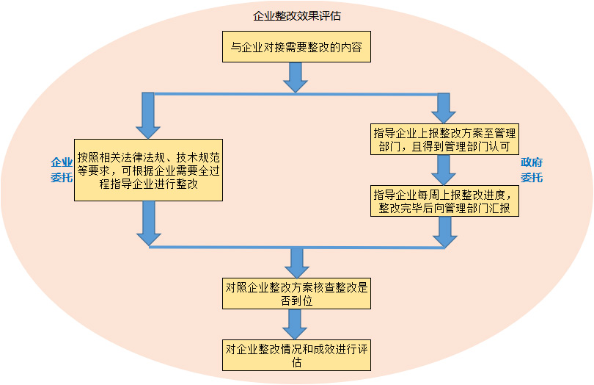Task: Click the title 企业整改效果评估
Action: [296, 15]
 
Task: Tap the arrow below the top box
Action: [296, 76]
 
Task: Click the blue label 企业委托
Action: [61, 169]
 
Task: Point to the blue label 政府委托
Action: [532, 170]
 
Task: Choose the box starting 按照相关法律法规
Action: [148, 170]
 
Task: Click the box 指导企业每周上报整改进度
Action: [444, 201]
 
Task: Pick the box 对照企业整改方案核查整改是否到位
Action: [296, 293]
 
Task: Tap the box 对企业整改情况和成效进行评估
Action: [296, 354]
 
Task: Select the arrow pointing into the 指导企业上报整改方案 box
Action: [444, 108]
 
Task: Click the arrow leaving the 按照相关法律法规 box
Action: [148, 223]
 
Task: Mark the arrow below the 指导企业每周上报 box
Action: [444, 231]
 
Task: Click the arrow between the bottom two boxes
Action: [296, 323]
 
